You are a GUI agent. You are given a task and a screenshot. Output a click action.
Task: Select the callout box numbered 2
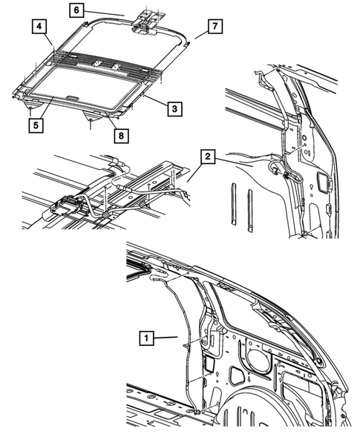[x=209, y=157]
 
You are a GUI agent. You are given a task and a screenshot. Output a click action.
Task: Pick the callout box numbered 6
[x=78, y=10]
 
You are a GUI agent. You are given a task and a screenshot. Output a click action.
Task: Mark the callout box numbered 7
[x=213, y=27]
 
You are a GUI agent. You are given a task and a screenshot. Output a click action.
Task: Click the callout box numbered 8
[x=117, y=134]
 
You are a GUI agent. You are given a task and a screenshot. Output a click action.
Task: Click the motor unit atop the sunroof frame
[x=146, y=20]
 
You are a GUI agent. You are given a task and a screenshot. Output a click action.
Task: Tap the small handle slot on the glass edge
[x=72, y=97]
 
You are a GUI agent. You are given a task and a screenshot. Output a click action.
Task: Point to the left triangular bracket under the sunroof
[x=91, y=116]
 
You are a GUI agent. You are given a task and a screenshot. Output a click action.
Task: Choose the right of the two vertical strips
[x=250, y=208]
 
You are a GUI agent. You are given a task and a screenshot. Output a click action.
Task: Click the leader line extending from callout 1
[x=167, y=338]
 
